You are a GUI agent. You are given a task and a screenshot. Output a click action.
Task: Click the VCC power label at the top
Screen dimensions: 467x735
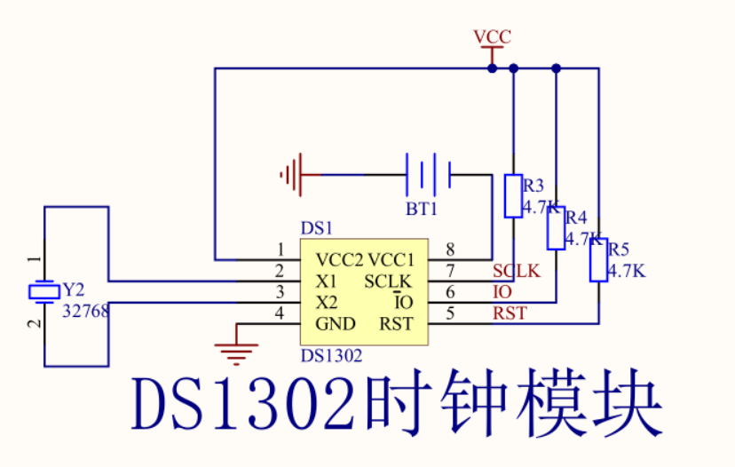492,37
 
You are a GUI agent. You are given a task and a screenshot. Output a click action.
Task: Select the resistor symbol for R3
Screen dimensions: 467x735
513,196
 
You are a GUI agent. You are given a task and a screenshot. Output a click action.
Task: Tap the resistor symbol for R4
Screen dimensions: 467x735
556,227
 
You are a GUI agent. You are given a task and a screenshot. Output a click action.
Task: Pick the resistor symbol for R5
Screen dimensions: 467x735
598,260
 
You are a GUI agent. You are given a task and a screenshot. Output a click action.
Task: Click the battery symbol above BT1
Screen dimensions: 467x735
430,174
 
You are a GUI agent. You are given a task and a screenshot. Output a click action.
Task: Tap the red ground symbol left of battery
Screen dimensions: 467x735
292,174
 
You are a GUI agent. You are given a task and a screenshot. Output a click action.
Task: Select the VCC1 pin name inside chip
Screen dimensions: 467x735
391,260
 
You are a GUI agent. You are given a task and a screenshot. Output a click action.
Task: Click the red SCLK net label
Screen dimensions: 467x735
516,272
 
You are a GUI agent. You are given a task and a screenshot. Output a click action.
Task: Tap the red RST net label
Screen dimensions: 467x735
510,313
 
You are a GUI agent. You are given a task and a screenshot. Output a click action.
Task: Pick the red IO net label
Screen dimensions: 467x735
502,292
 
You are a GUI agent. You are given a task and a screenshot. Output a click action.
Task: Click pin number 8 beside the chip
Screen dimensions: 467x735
450,249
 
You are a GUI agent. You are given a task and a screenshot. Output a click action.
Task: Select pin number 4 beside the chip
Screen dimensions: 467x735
280,313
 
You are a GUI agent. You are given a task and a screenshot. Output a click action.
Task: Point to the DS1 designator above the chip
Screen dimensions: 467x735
316,229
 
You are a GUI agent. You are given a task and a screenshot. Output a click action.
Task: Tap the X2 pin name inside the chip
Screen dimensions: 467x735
327,303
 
